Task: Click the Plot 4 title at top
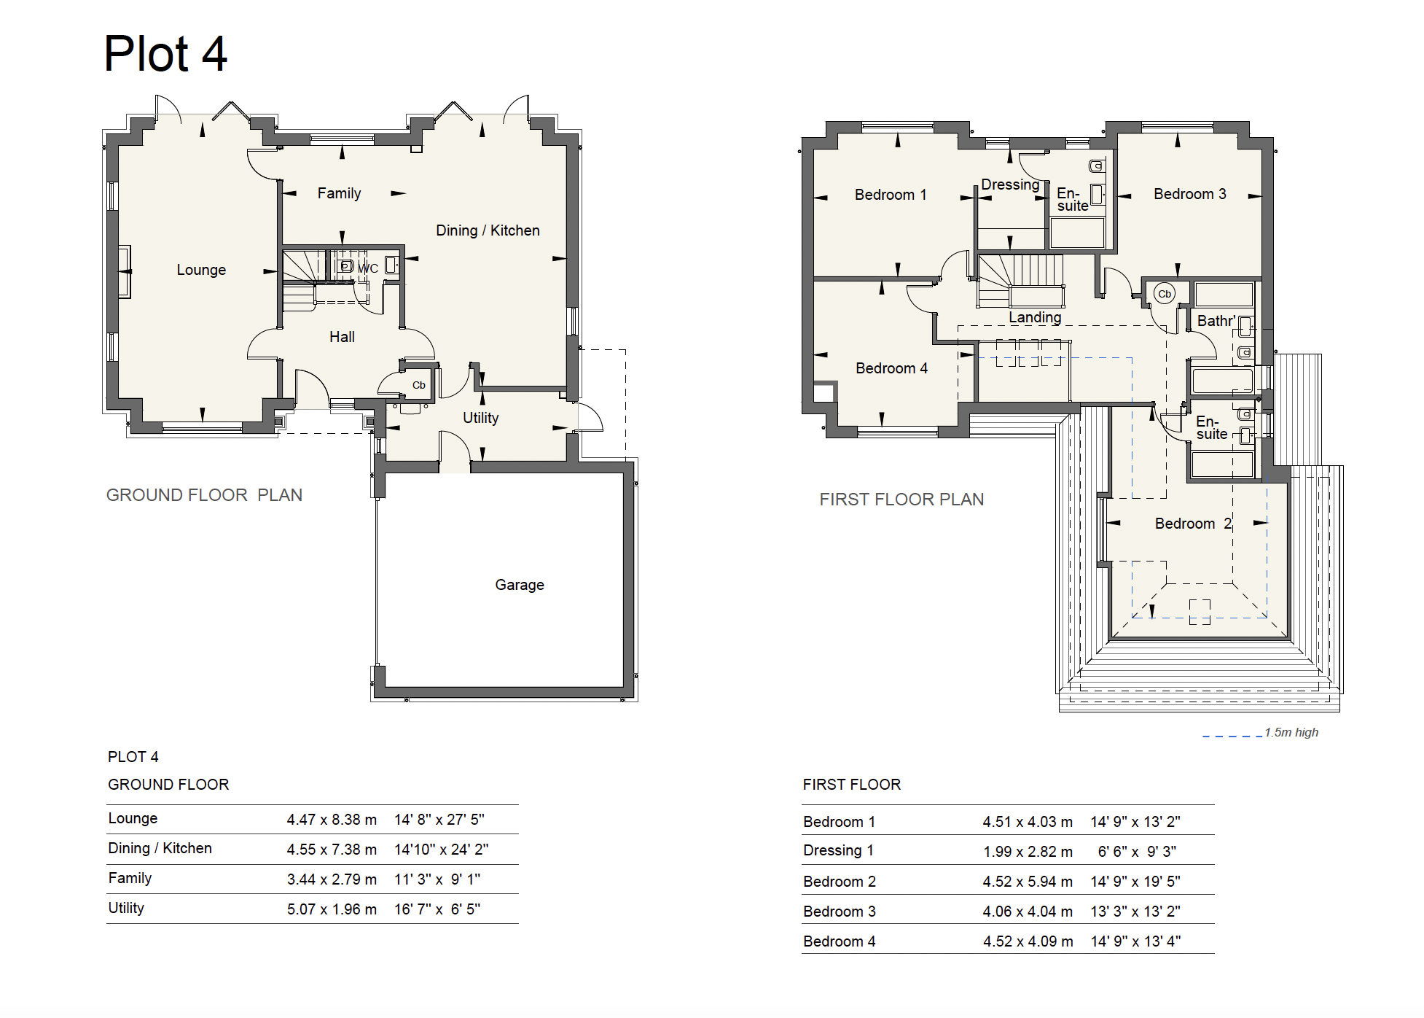165,54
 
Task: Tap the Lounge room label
201,270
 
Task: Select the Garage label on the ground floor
520,585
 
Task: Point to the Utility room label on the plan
481,418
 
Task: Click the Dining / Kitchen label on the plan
488,230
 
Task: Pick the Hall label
342,337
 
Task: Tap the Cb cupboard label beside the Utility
419,385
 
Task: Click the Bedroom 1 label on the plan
891,195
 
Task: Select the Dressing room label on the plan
1010,185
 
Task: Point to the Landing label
1035,318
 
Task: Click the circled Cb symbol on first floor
1165,294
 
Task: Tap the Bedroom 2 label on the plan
1193,524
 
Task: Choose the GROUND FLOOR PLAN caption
204,495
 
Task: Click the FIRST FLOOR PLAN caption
901,500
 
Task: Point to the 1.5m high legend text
1291,732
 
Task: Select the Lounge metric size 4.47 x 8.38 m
332,820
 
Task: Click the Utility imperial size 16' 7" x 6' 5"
437,909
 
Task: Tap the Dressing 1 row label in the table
838,851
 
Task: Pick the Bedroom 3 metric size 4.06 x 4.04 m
1028,912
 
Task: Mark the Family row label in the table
130,878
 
